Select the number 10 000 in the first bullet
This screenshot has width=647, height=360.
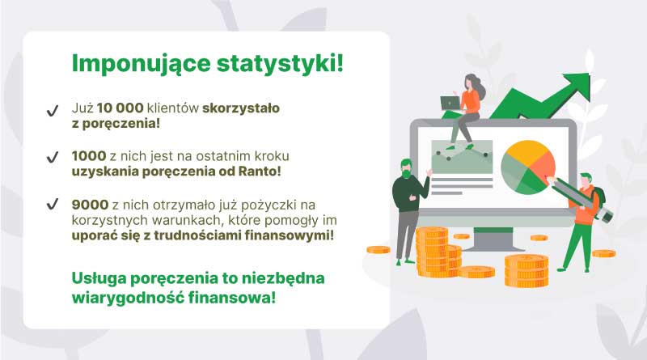(120, 108)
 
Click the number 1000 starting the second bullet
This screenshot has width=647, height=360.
(89, 156)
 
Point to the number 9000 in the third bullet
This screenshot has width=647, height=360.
(90, 205)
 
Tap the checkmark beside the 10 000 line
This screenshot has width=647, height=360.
(53, 111)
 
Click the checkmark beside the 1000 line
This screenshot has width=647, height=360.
(53, 157)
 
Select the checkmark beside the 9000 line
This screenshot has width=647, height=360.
(53, 204)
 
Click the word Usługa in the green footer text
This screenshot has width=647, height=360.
(99, 278)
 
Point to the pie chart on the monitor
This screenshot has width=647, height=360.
(528, 167)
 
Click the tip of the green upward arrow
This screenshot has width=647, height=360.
(589, 74)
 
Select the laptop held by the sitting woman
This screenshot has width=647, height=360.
(450, 104)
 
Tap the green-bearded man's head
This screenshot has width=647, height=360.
(406, 168)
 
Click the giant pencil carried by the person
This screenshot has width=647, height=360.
(580, 198)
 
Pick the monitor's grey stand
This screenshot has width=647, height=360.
(493, 239)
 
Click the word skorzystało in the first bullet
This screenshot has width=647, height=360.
(241, 108)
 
